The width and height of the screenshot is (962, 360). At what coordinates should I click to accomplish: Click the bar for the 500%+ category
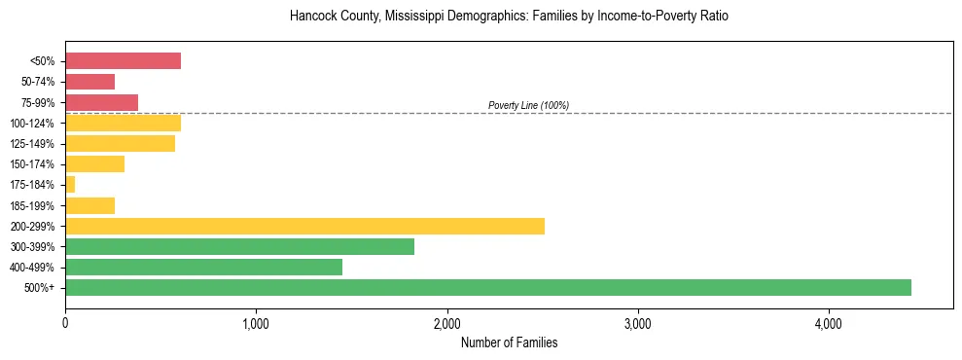pyautogui.click(x=487, y=287)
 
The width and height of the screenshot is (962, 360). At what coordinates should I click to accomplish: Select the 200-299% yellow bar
pyautogui.click(x=304, y=226)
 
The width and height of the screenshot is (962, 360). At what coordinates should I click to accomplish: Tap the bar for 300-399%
pyautogui.click(x=239, y=246)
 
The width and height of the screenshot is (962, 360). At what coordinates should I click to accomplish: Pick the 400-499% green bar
pyautogui.click(x=203, y=267)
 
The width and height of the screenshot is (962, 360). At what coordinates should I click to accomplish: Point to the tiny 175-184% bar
pyautogui.click(x=70, y=185)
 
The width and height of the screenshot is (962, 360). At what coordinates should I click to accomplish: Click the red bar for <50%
pyautogui.click(x=123, y=61)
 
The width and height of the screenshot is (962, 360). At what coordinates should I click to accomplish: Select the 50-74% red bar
pyautogui.click(x=89, y=82)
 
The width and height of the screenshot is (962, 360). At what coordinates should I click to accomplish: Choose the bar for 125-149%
pyautogui.click(x=120, y=144)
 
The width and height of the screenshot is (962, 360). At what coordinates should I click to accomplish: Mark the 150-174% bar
pyautogui.click(x=94, y=164)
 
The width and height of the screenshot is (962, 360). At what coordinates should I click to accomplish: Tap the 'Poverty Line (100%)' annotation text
pyautogui.click(x=528, y=105)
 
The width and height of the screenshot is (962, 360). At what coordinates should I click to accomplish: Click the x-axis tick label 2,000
pyautogui.click(x=446, y=323)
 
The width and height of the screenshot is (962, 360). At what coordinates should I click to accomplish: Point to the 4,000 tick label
pyautogui.click(x=829, y=323)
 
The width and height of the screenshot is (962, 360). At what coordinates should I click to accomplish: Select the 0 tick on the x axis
pyautogui.click(x=65, y=323)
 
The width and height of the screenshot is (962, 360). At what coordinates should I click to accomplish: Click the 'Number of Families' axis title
pyautogui.click(x=509, y=342)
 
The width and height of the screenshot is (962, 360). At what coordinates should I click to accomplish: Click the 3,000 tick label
pyautogui.click(x=638, y=323)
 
